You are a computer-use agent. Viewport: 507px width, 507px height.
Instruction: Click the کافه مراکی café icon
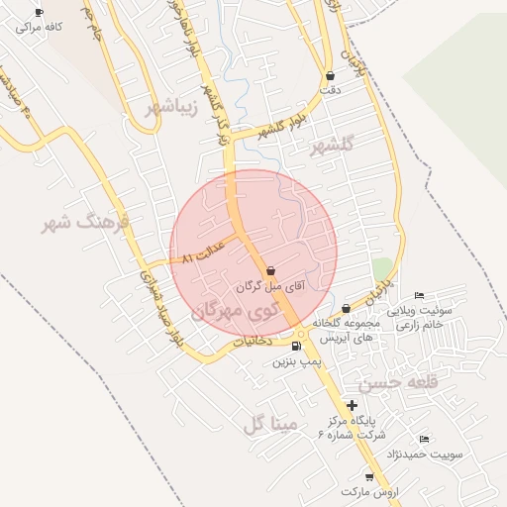pyautogui.click(x=39, y=13)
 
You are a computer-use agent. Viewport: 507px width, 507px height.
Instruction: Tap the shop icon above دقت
pyautogui.click(x=329, y=75)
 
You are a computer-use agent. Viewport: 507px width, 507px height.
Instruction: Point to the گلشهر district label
pyautogui.click(x=331, y=146)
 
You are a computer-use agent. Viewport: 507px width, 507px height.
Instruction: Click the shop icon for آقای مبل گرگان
pyautogui.click(x=270, y=269)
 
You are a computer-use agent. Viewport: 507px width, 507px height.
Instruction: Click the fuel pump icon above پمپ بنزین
pyautogui.click(x=296, y=347)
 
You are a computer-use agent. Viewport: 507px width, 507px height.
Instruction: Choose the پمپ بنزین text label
pyautogui.click(x=294, y=362)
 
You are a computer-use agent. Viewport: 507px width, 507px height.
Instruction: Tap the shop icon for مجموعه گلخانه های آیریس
pyautogui.click(x=345, y=309)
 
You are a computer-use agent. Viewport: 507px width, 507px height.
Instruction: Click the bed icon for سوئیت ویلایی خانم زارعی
pyautogui.click(x=420, y=296)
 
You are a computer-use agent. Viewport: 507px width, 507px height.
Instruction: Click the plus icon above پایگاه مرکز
pyautogui.click(x=352, y=404)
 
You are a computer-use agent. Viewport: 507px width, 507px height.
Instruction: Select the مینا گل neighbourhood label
pyautogui.click(x=269, y=425)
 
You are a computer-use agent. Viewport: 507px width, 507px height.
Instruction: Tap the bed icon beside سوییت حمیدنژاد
pyautogui.click(x=424, y=439)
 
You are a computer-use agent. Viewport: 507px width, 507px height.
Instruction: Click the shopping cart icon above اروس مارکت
pyautogui.click(x=369, y=476)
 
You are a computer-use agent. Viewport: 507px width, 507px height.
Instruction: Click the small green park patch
pyautogui.click(x=382, y=268)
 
